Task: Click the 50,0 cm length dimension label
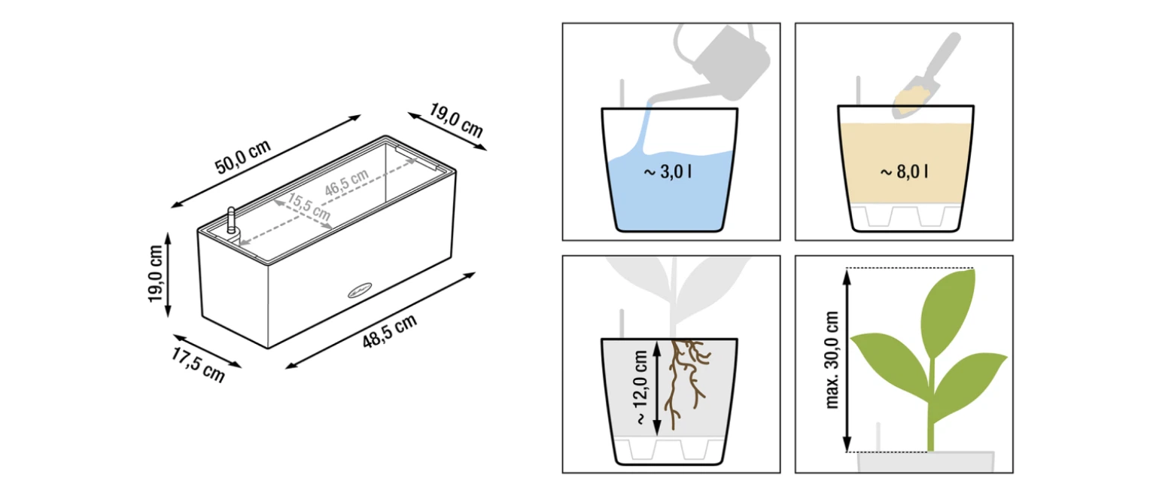tap(242, 157)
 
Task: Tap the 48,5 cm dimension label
tap(390, 332)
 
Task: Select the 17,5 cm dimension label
tap(198, 366)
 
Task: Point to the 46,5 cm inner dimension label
tap(346, 182)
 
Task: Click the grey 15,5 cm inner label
tap(309, 206)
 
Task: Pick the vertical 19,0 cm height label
tap(155, 273)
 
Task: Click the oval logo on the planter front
tap(360, 291)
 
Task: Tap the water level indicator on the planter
tap(231, 221)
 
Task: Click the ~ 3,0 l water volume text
tap(668, 172)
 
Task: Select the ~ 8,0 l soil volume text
tap(904, 172)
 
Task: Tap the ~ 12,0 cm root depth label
tap(640, 388)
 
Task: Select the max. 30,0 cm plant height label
tap(832, 360)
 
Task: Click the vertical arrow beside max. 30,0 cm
tap(847, 361)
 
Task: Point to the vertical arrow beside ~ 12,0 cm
tap(657, 388)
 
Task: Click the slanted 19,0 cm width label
tap(456, 120)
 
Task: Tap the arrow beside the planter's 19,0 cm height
tap(168, 275)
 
